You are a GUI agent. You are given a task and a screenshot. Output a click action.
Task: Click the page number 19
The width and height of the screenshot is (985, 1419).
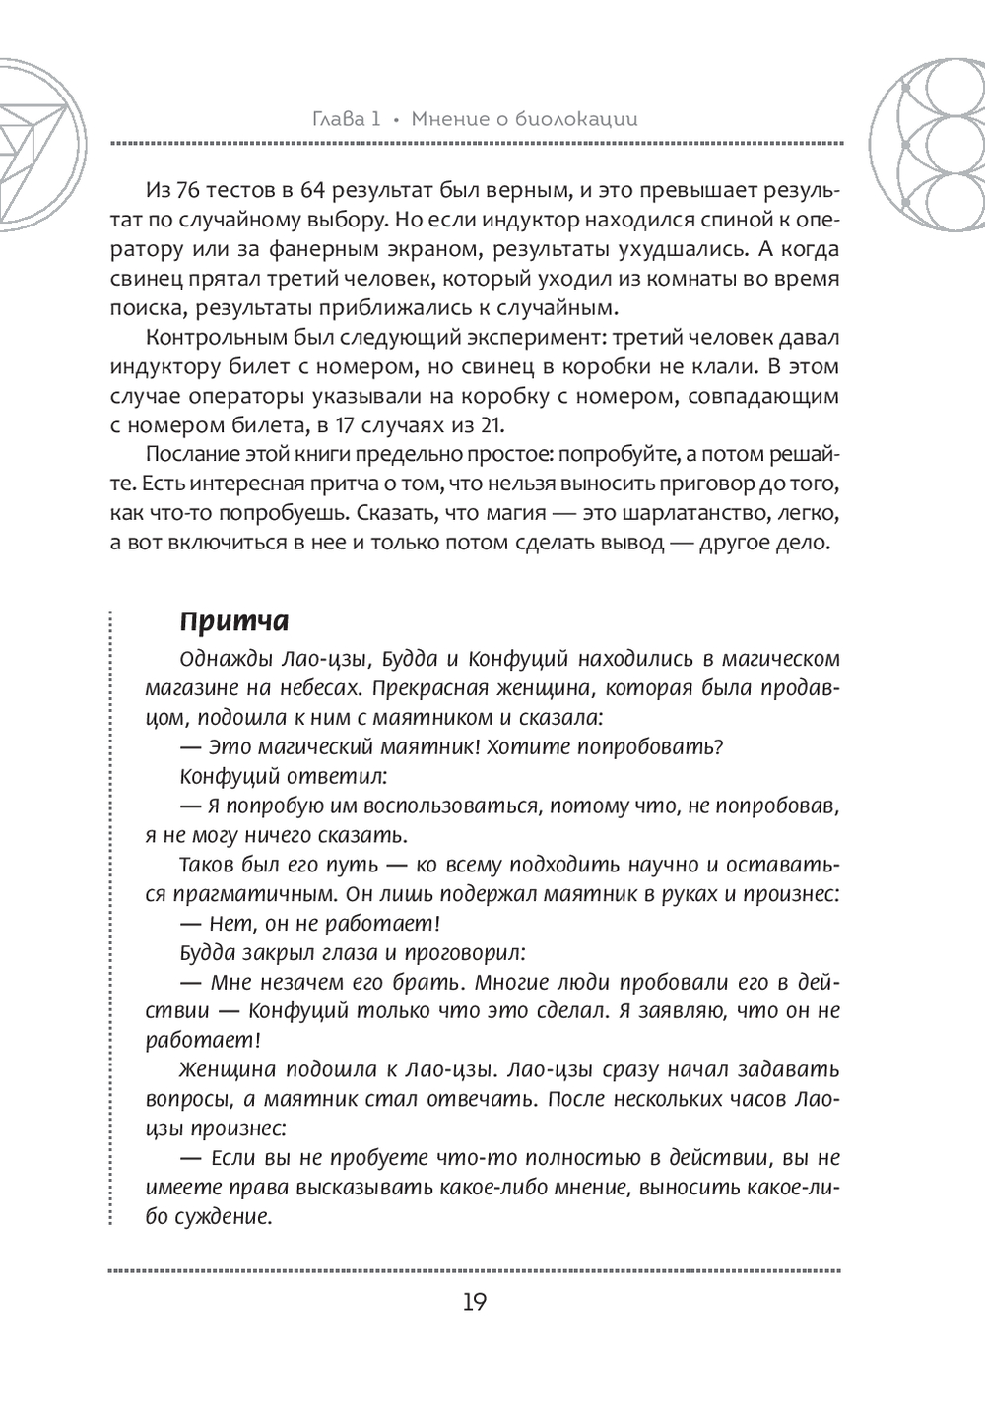click(x=473, y=1302)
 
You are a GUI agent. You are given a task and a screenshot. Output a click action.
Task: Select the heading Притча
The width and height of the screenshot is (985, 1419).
click(x=234, y=622)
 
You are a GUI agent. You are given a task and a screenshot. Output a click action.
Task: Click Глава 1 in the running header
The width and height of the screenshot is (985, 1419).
click(x=340, y=119)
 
